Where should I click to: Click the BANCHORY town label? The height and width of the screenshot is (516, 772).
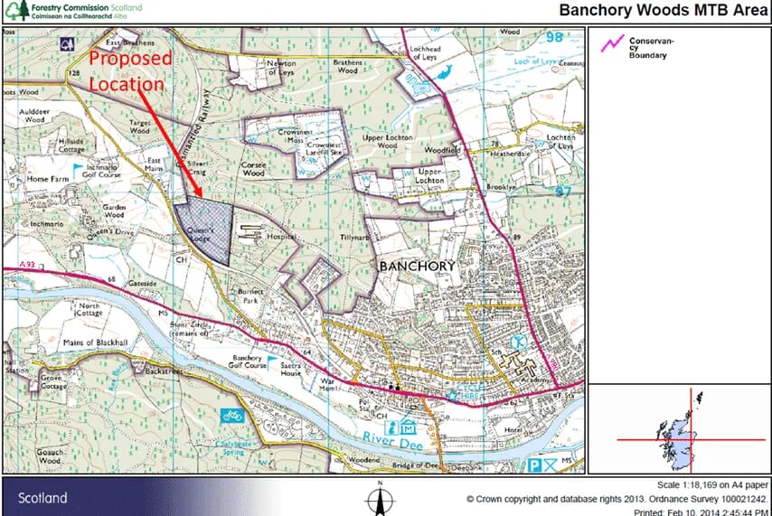(417, 266)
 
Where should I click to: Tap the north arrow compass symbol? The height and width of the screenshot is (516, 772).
(381, 499)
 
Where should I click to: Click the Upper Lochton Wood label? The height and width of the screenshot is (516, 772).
(387, 141)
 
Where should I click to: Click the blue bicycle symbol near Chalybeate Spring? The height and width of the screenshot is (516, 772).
(232, 417)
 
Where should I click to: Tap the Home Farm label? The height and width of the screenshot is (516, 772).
(48, 180)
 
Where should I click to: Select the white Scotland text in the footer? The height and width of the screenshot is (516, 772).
(42, 498)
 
